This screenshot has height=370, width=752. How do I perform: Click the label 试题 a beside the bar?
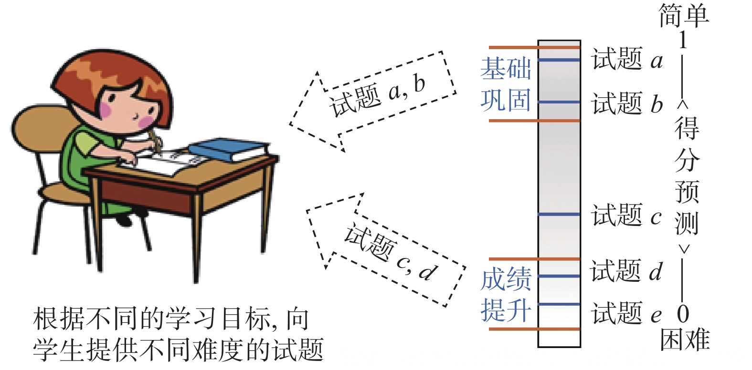[627, 60]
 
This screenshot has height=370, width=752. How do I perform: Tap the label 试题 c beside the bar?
[626, 216]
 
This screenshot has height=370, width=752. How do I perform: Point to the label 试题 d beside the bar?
[626, 271]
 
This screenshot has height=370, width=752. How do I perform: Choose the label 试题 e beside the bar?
[627, 314]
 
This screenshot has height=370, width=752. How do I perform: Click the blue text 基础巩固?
[506, 84]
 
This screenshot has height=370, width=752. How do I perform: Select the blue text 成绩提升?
[506, 295]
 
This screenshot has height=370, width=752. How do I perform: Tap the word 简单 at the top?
[684, 15]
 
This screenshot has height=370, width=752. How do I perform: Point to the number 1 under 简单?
[683, 40]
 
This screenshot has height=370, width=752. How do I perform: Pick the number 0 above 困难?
[683, 314]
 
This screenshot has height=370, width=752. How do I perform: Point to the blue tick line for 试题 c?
[559, 215]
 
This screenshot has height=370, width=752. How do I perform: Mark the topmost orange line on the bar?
[534, 48]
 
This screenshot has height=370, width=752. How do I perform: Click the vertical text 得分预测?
[686, 176]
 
